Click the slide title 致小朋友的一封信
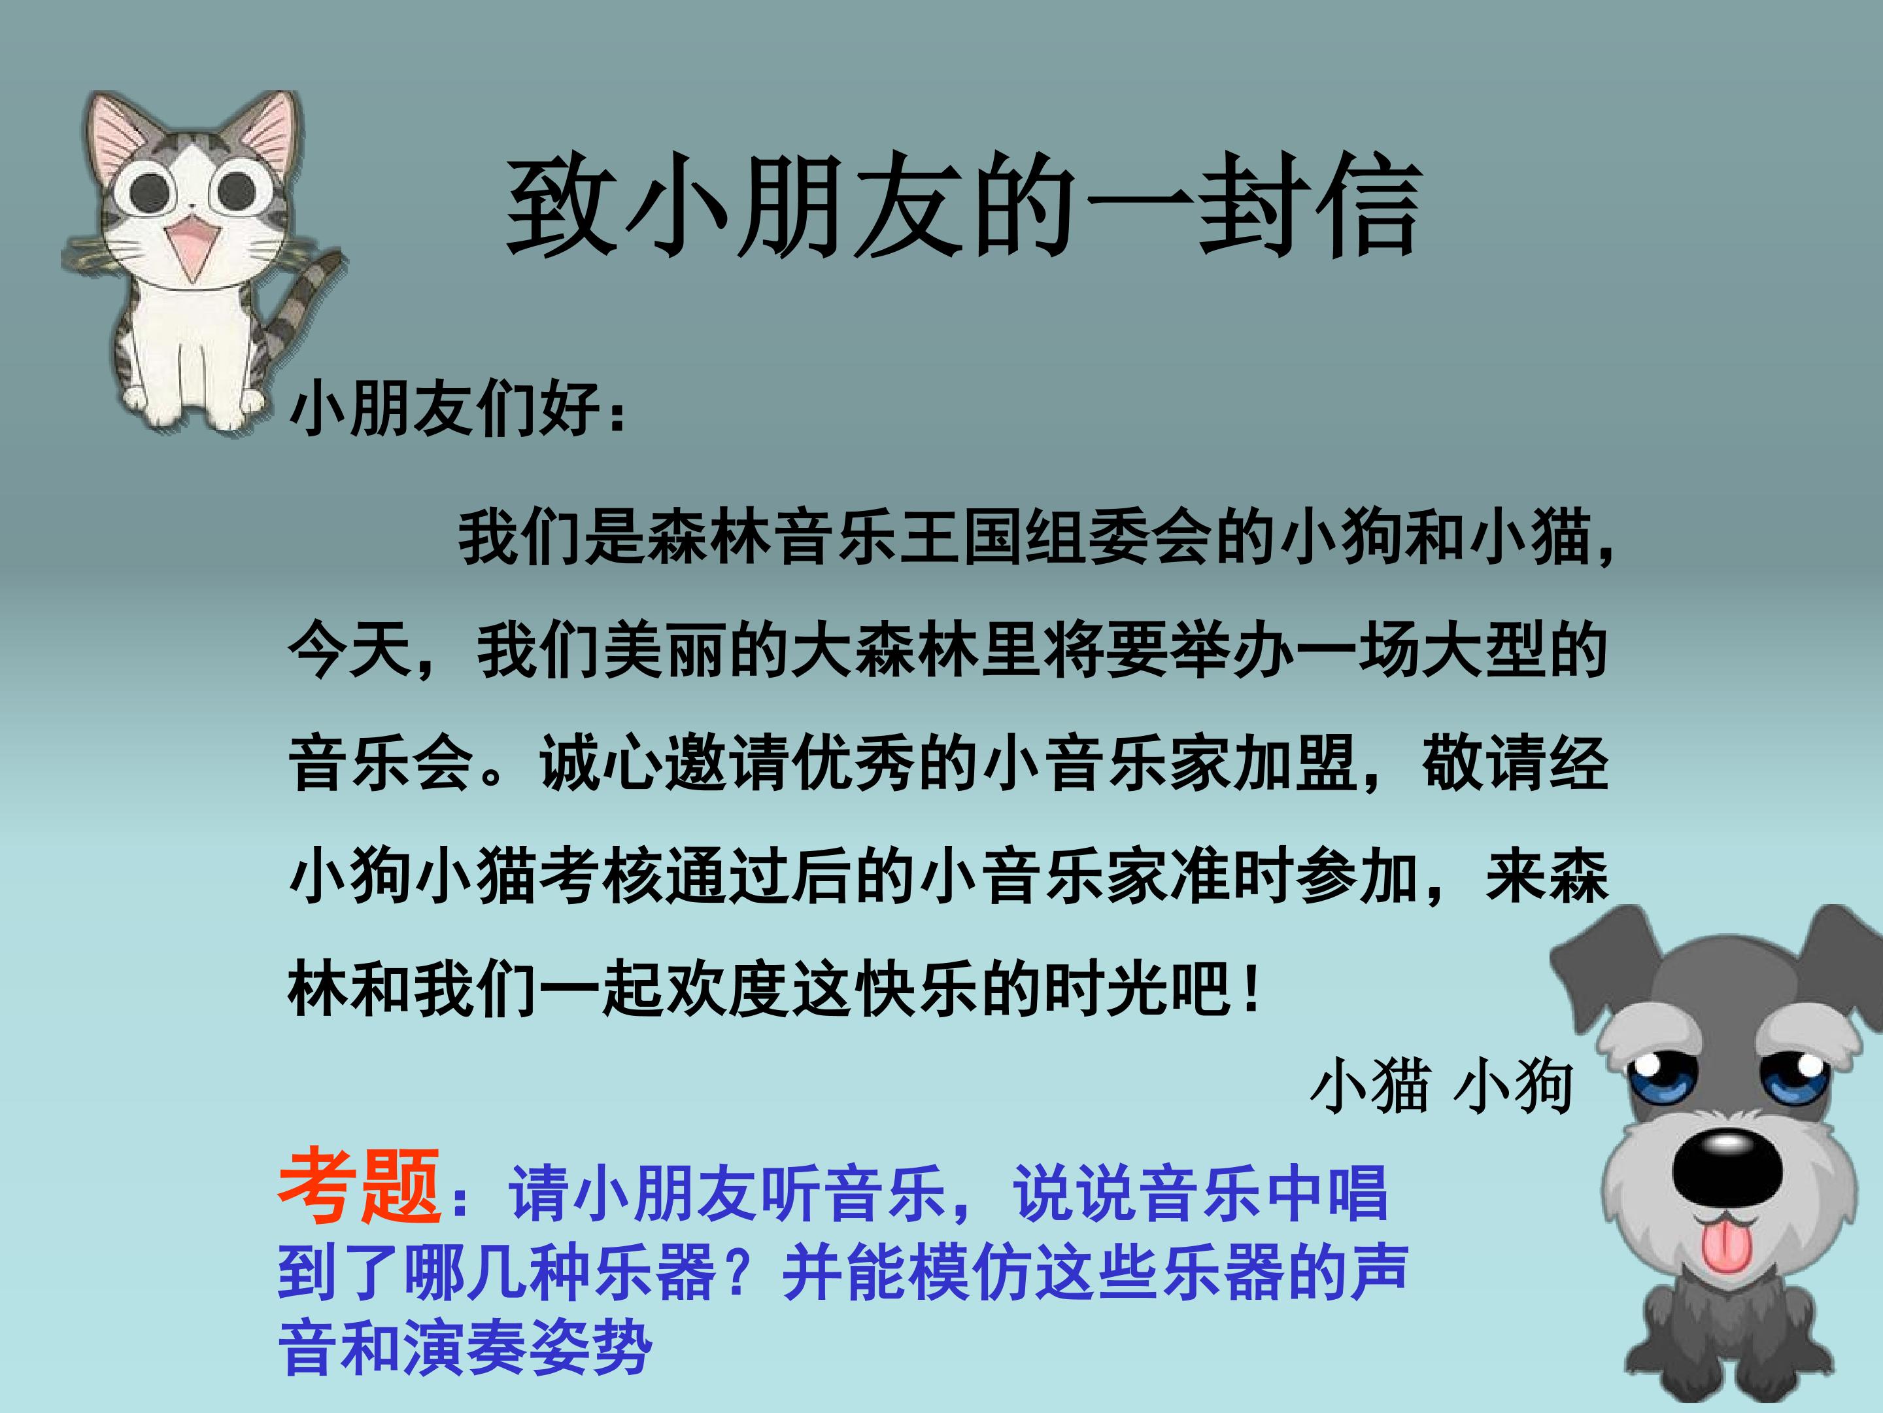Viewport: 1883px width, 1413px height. (964, 206)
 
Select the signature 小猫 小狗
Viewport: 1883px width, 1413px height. (1440, 1087)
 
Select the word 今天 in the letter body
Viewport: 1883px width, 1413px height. (350, 652)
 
